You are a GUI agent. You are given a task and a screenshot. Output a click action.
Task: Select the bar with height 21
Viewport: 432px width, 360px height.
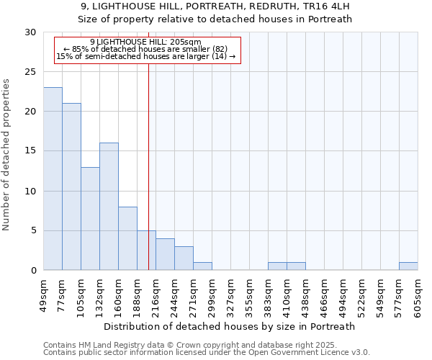[71, 186]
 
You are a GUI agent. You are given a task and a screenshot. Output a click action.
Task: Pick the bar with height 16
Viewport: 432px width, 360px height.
[109, 207]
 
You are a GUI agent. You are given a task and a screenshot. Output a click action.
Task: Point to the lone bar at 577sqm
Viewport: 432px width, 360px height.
[408, 266]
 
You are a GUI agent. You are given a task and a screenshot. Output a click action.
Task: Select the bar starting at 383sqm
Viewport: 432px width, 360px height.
[277, 266]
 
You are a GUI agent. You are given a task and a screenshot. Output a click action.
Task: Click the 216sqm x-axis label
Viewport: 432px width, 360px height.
[156, 296]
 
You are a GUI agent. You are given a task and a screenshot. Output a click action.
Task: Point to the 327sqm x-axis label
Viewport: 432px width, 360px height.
[230, 296]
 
